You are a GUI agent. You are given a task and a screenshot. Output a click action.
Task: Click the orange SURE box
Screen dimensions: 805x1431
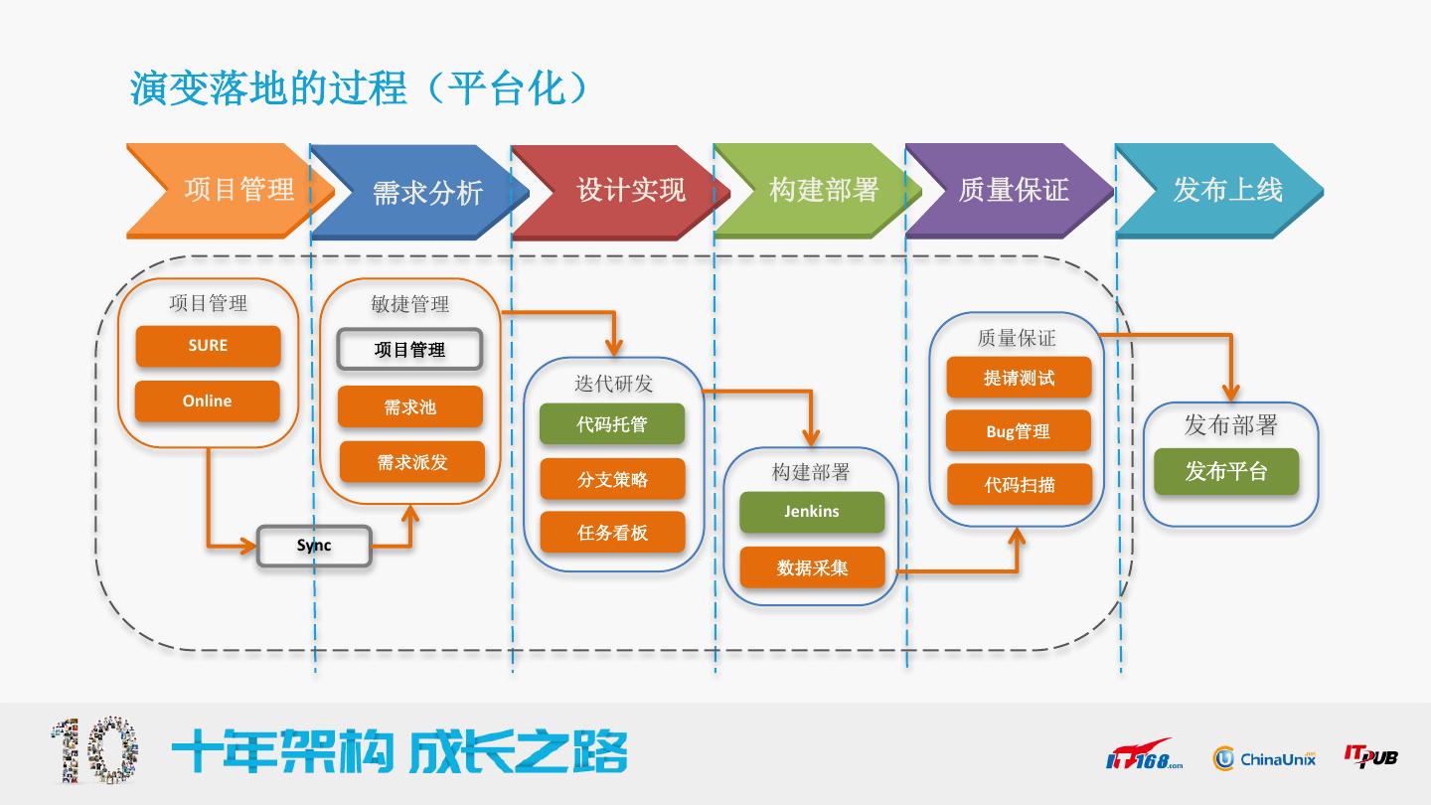pos(208,346)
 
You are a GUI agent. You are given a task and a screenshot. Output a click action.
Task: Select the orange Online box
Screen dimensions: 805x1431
pos(208,402)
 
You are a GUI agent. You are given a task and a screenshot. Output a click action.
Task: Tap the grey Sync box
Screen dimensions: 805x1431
pos(314,546)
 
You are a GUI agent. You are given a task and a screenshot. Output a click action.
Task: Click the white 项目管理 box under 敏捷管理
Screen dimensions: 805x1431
pos(409,350)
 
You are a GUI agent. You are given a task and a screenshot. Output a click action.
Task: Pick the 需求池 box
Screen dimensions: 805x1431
pos(409,406)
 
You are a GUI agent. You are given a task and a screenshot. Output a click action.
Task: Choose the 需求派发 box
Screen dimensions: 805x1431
pos(411,462)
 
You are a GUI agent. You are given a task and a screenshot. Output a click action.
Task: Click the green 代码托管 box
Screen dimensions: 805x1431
pos(612,424)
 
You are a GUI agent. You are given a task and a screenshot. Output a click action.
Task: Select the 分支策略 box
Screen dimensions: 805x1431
pos(612,479)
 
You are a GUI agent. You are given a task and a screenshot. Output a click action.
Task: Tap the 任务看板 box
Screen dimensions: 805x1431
pos(612,533)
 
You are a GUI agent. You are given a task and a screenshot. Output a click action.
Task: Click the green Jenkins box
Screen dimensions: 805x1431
pos(812,512)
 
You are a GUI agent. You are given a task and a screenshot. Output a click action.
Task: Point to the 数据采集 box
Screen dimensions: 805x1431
pos(812,567)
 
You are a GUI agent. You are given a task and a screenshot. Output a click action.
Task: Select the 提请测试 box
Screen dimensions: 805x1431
pos(1019,378)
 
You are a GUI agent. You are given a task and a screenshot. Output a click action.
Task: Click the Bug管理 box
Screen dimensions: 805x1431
pos(1019,431)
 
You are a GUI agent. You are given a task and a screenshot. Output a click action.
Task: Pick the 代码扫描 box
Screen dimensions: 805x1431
pos(1019,485)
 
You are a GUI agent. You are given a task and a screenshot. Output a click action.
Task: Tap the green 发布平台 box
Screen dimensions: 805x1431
pos(1226,471)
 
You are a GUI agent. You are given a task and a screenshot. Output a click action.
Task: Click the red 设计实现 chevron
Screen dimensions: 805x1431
pos(621,190)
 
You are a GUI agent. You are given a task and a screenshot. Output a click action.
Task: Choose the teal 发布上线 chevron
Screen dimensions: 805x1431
pos(1222,190)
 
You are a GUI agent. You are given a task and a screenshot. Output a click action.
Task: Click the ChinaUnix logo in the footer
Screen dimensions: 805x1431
pos(1264,759)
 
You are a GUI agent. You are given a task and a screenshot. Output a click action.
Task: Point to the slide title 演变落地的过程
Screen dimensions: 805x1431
pos(268,88)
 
